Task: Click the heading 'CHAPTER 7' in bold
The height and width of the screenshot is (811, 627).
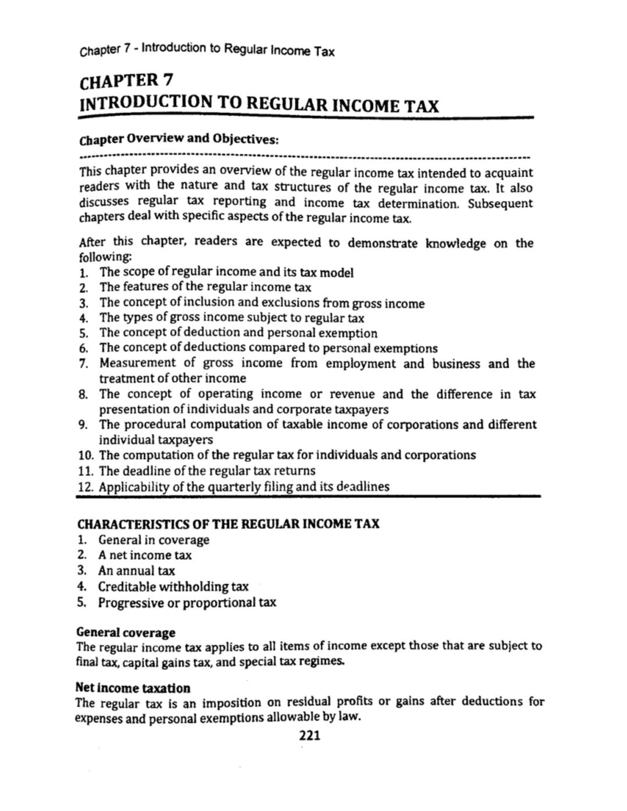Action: pyautogui.click(x=125, y=80)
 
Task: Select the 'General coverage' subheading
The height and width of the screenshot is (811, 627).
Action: pyautogui.click(x=126, y=632)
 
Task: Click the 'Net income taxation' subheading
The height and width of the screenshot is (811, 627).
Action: pyautogui.click(x=133, y=687)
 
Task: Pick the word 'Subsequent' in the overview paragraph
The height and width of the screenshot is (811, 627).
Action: pyautogui.click(x=500, y=204)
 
